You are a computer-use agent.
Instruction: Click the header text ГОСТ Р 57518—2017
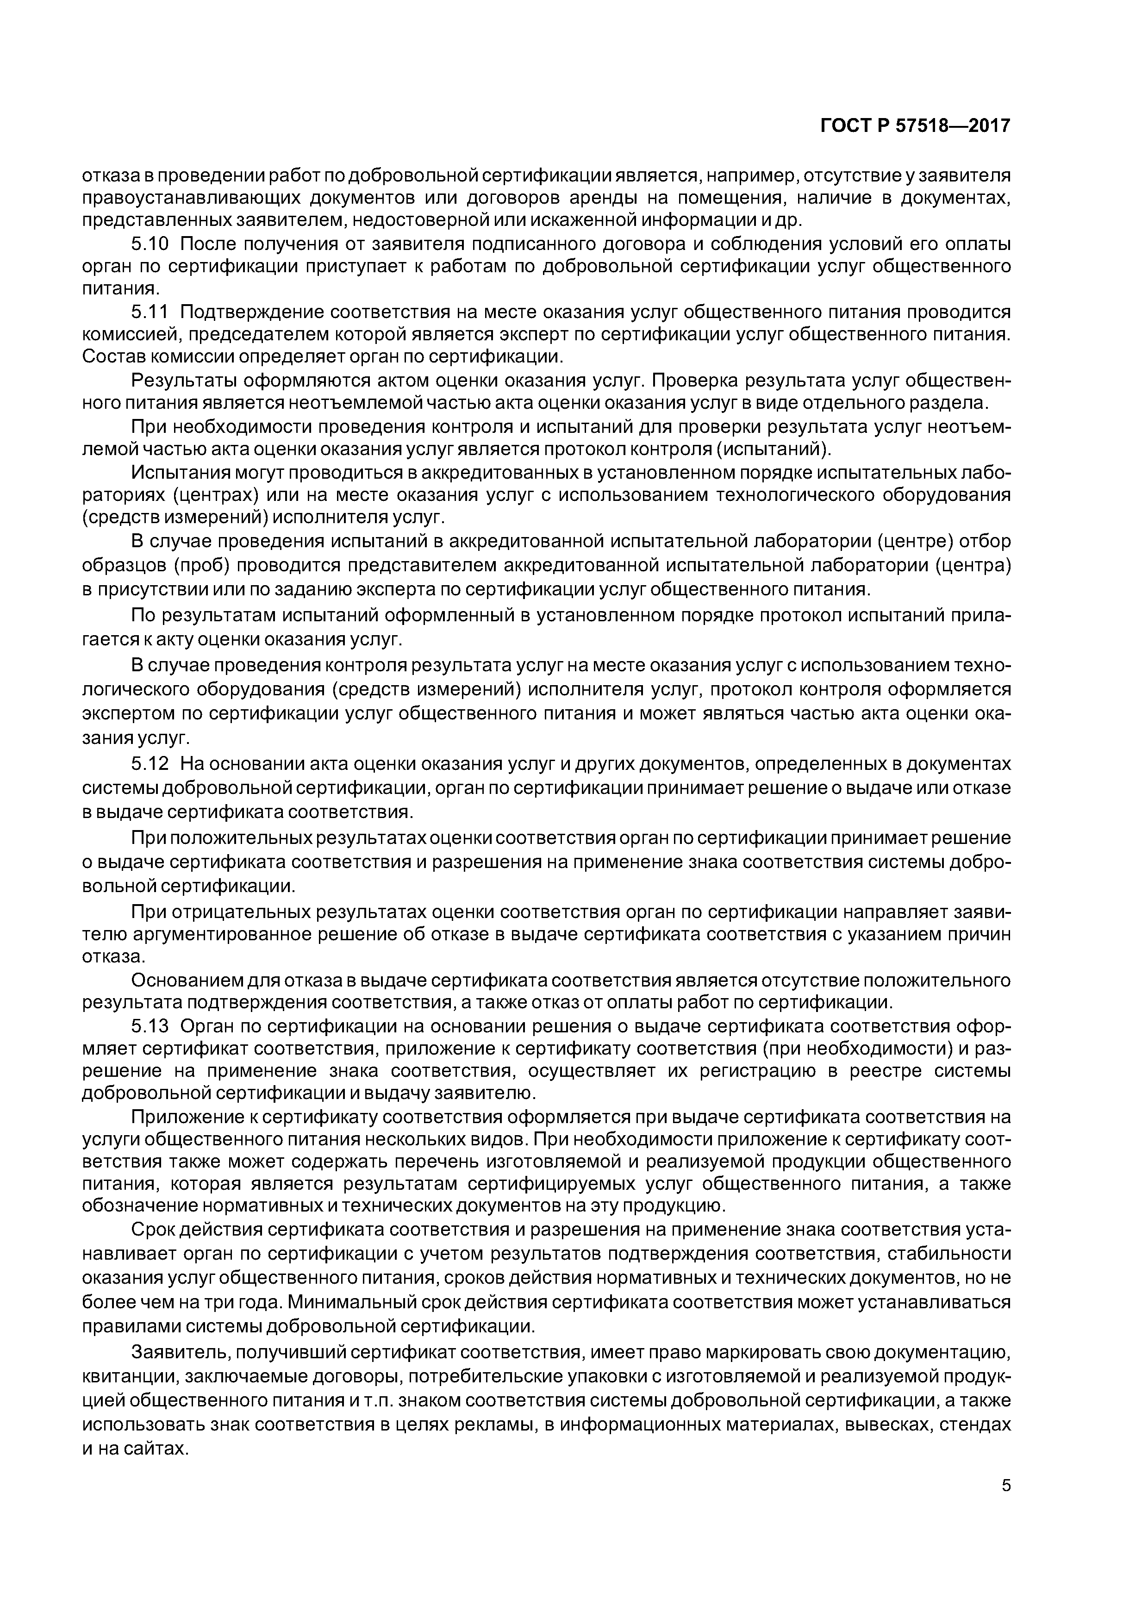point(915,126)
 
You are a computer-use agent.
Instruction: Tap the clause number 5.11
point(150,312)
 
